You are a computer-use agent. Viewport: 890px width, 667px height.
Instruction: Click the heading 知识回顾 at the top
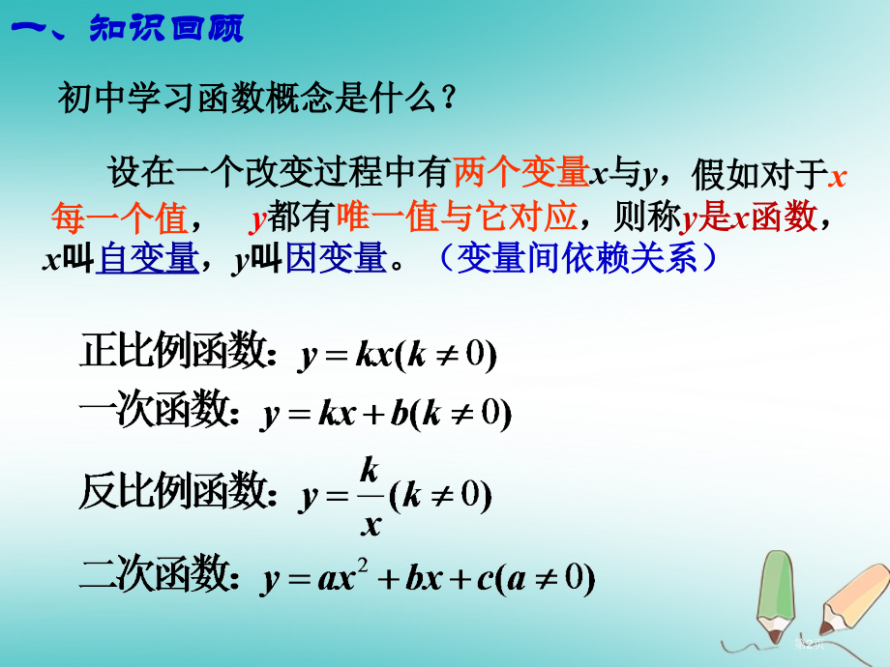(x=164, y=29)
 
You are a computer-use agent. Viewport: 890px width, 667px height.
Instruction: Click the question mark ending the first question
(x=447, y=98)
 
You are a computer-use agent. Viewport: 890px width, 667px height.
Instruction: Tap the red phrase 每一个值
(x=119, y=218)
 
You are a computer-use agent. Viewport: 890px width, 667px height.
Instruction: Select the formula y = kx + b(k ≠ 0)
(x=386, y=415)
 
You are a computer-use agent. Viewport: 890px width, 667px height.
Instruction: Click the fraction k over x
(x=369, y=497)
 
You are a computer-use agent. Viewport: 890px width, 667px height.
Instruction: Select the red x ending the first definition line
(x=838, y=175)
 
